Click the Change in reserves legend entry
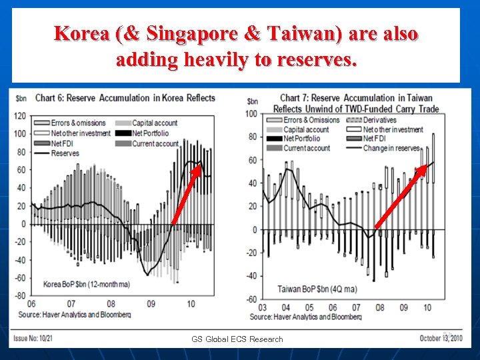click(x=391, y=148)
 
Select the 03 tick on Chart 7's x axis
click(x=263, y=308)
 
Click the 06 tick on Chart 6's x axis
click(x=31, y=305)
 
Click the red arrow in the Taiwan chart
click(x=401, y=197)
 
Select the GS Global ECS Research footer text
click(x=237, y=339)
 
